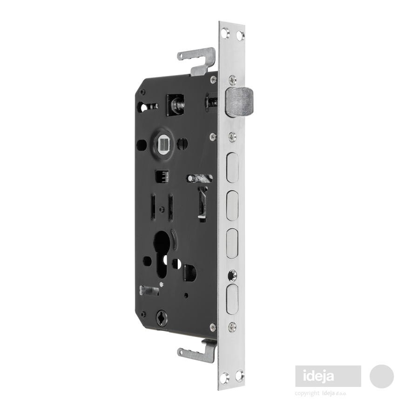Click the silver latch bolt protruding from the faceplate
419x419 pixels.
(240, 102)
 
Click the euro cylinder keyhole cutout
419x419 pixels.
(162, 253)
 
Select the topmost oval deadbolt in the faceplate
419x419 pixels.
(232, 168)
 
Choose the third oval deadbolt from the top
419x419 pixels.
(232, 243)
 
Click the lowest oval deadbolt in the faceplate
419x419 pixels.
(232, 299)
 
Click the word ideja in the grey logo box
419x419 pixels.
(318, 376)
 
